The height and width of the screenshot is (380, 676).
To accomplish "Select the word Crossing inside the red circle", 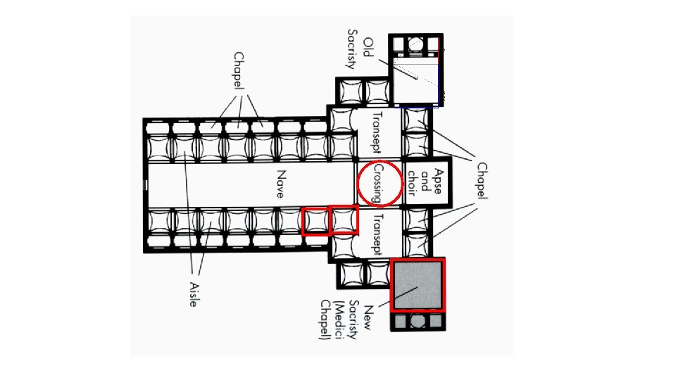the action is point(378,184).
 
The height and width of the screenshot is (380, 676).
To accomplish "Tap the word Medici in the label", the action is point(338,317).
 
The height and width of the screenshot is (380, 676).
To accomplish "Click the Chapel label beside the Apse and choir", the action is point(482,182).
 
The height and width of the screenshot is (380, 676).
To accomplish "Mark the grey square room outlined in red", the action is point(419,284).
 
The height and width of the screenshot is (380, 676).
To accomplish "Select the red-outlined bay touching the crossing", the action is point(344,220).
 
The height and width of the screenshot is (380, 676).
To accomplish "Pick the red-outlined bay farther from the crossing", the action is point(315,222).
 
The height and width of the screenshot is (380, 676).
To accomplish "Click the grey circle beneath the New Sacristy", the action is point(418,322).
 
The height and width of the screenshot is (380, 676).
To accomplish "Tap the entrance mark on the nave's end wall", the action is point(144,184).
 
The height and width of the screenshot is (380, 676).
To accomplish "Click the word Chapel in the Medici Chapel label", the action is point(325,320).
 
